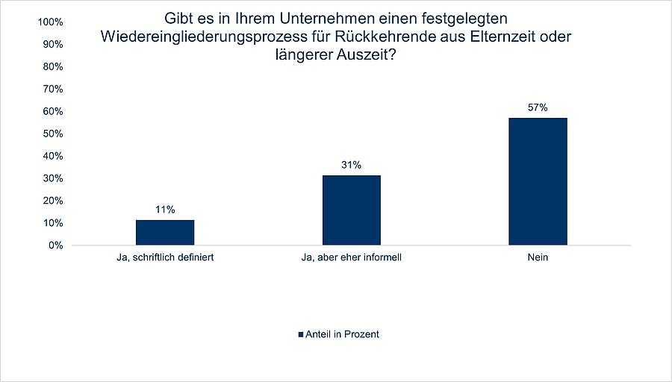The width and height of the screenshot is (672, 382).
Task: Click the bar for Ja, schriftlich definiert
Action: pos(165,232)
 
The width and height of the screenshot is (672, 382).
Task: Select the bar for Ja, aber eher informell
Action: pos(352,210)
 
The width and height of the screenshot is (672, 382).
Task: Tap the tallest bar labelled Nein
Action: pos(538,181)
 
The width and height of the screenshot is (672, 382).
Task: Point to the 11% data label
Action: pos(165,210)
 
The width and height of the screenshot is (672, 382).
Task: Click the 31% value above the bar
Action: pos(352,165)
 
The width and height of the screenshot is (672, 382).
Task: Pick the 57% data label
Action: pos(538,107)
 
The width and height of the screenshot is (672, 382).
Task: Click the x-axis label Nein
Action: pos(538,258)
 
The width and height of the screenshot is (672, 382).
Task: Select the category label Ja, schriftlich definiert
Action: pos(165,258)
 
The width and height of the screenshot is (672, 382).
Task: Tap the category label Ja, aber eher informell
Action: pos(352,258)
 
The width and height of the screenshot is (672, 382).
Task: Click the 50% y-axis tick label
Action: pos(52,134)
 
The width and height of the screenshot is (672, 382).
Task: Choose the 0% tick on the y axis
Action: pos(55,245)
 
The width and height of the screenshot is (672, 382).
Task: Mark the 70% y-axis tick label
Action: pos(52,89)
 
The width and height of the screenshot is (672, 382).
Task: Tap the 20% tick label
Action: pos(52,201)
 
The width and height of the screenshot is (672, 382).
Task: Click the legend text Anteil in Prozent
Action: pos(342,334)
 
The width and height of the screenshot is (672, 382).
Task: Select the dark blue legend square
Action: pos(301,334)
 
